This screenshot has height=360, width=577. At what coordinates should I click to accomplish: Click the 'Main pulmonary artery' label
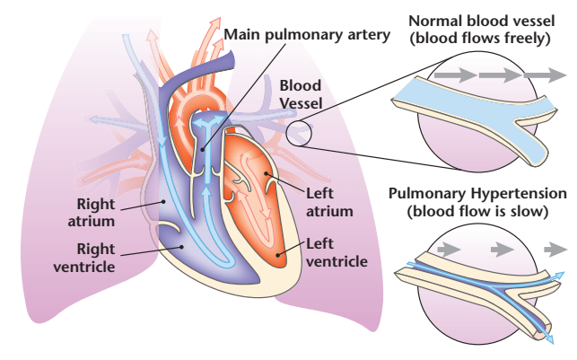[x=307, y=35]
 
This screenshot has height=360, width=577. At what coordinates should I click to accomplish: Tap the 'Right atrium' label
[x=92, y=213]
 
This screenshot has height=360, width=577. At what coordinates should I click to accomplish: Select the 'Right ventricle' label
[x=84, y=258]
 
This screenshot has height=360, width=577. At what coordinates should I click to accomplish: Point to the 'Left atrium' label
[x=329, y=202]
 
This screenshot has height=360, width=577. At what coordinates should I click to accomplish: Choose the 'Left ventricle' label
[x=337, y=252]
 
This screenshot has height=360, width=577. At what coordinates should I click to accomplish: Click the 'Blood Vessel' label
[x=301, y=94]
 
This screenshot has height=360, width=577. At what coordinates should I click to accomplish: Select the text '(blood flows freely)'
[x=480, y=38]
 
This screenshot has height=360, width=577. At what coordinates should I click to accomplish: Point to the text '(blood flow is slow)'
[x=477, y=211]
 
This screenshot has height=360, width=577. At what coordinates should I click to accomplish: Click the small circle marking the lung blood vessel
[x=299, y=133]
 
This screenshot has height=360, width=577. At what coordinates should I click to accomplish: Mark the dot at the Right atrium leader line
[x=163, y=201]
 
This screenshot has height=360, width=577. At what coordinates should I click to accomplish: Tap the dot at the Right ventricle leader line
[x=181, y=247]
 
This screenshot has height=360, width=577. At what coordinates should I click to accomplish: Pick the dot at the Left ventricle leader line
[x=278, y=254]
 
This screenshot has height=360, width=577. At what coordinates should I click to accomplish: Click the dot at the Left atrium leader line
[x=266, y=173]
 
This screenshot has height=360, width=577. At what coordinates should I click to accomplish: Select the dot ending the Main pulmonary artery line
[x=203, y=149]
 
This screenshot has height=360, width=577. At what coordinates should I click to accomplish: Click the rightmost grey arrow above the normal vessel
[x=545, y=75]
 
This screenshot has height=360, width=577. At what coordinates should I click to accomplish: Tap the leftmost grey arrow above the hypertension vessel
[x=449, y=250]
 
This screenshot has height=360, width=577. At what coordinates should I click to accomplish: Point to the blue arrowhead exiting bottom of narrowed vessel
[x=549, y=339]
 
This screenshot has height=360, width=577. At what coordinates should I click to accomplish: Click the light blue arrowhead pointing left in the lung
[x=95, y=119]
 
